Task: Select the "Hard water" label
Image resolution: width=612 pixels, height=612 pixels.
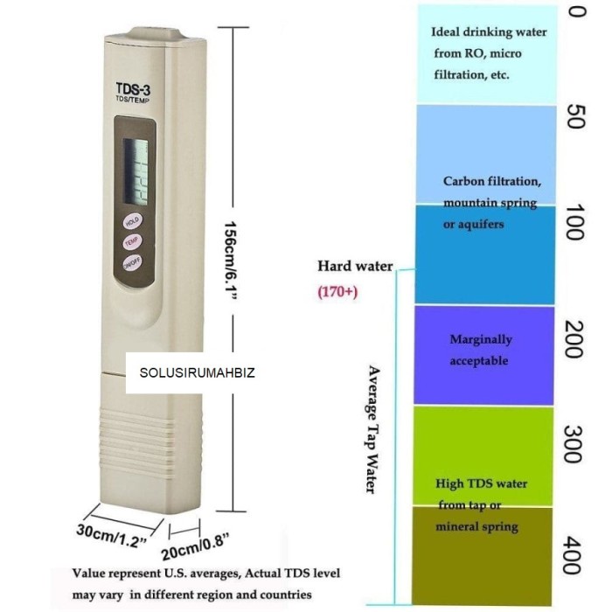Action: coord(355,266)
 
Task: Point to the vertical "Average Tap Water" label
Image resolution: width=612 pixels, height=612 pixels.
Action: coord(371,428)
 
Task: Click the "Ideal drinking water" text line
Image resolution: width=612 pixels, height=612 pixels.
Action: coord(489,32)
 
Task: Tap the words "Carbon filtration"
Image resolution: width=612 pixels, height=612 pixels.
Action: coord(492,182)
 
